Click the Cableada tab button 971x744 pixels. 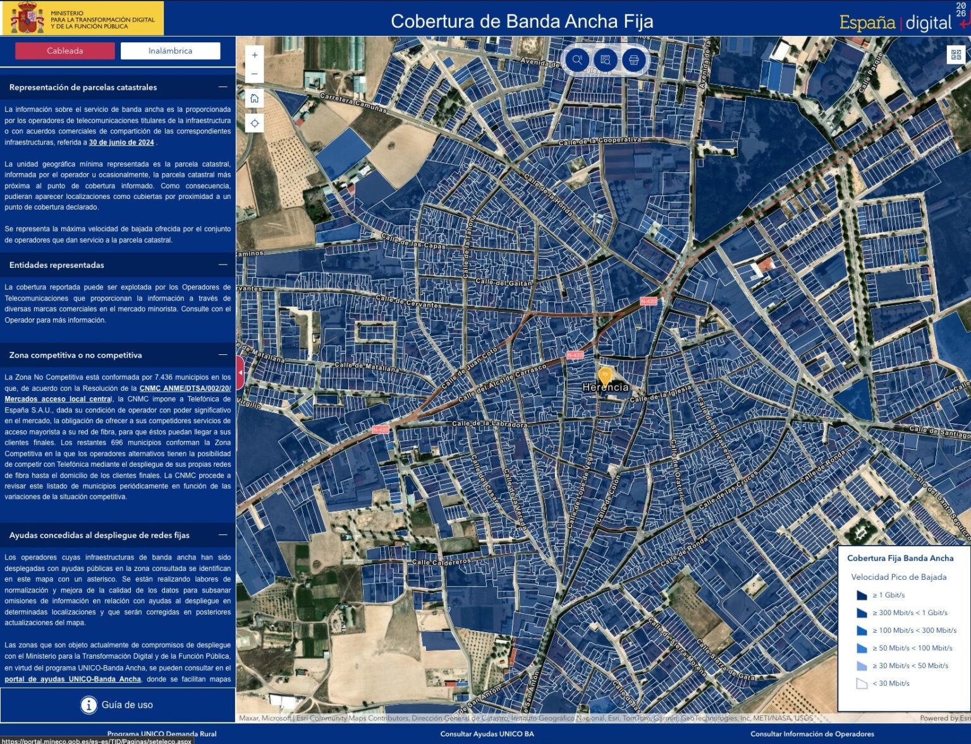pos(65,51)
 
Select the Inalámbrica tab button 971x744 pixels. pos(170,51)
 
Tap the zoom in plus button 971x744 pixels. pos(255,56)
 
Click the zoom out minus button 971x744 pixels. pos(255,74)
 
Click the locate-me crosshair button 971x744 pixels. pos(255,123)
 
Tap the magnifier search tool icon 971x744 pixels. pos(577,60)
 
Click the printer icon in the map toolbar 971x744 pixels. pos(633,60)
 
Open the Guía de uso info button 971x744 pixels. pos(118,705)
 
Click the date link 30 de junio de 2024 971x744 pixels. pos(121,143)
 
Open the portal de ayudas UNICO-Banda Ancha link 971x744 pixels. pos(73,680)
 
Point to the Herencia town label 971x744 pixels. pos(605,387)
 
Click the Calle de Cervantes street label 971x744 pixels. pos(409,301)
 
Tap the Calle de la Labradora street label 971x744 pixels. pos(489,424)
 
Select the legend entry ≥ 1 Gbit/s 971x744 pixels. pos(888,595)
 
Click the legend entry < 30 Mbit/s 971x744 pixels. pos(891,683)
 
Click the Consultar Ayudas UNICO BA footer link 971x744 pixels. pos(487,734)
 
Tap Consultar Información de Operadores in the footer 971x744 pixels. pos(812,734)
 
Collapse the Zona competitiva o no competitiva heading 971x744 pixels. pos(223,355)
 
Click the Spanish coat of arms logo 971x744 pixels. pos(27,18)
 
